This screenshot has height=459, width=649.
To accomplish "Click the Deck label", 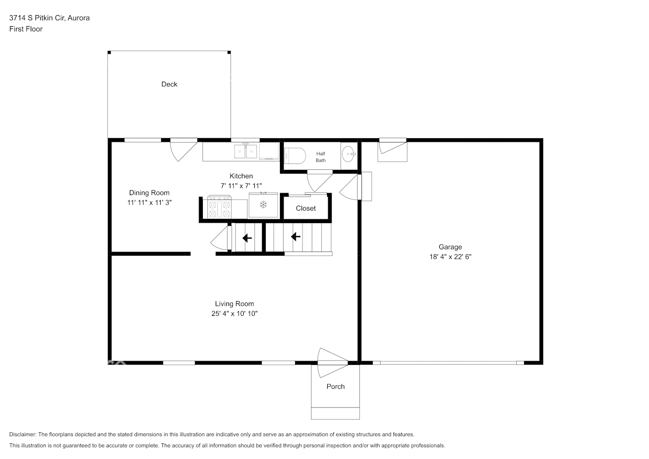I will point(169,84).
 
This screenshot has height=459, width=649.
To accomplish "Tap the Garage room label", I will point(450,247).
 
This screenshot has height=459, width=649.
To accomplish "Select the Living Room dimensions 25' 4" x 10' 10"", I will point(234,313).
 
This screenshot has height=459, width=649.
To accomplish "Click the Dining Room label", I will point(149,193).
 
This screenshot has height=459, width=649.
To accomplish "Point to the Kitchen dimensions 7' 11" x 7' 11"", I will point(241,186).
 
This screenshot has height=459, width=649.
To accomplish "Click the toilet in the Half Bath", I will point(295,156).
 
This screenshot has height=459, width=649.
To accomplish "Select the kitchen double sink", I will point(246,151).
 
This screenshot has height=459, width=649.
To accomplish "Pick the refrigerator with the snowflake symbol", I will point(263,205).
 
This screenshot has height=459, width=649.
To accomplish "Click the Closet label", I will point(306,208).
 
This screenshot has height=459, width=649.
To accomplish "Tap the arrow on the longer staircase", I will point(296,237).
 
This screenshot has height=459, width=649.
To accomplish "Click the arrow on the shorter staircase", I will point(247,238).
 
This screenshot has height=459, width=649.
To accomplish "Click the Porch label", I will point(336,386).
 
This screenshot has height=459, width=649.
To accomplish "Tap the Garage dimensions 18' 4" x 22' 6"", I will point(450,257).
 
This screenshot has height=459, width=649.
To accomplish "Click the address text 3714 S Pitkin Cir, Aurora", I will point(50,18).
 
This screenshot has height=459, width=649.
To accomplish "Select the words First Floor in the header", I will point(26,29).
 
